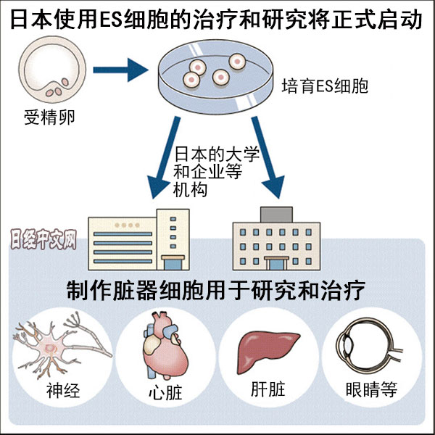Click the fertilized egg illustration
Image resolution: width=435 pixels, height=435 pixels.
pos(50,71)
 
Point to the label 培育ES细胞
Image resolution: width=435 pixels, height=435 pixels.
pos(326,88)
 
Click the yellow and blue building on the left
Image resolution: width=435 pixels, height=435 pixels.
pos(138,236)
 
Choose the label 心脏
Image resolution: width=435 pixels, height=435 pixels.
pos(163,394)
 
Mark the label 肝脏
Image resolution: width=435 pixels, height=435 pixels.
pos(268,392)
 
